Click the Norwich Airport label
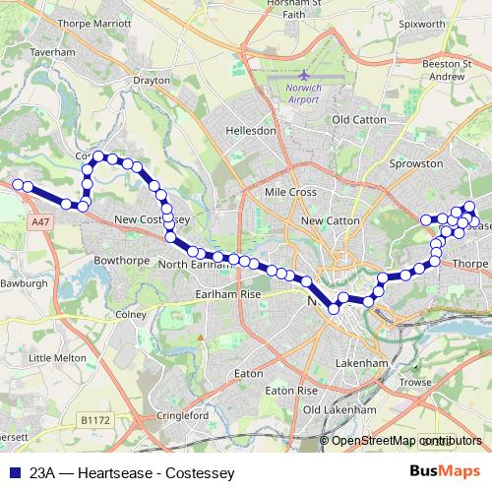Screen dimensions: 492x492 coord(304,92)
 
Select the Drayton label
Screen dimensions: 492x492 coord(151,82)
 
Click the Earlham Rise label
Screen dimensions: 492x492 coord(227,293)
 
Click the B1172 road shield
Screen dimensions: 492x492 coord(95,419)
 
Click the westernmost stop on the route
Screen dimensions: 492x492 coord(17,183)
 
